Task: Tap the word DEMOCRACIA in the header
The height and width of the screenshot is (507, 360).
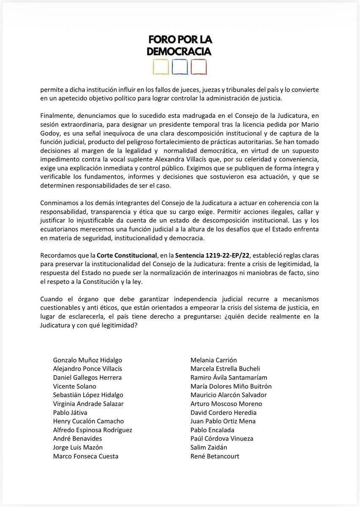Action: pyautogui.click(x=180, y=51)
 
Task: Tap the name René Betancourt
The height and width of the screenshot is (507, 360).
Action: pyautogui.click(x=215, y=456)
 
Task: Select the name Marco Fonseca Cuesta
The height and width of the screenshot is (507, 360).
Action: pyautogui.click(x=86, y=456)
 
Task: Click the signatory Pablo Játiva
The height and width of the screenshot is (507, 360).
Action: pyautogui.click(x=68, y=412)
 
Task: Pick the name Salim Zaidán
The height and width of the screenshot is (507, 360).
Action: pyautogui.click(x=210, y=447)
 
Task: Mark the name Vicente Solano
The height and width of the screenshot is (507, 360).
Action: pyautogui.click(x=74, y=386)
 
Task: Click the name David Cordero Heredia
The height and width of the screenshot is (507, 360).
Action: pyautogui.click(x=224, y=412)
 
